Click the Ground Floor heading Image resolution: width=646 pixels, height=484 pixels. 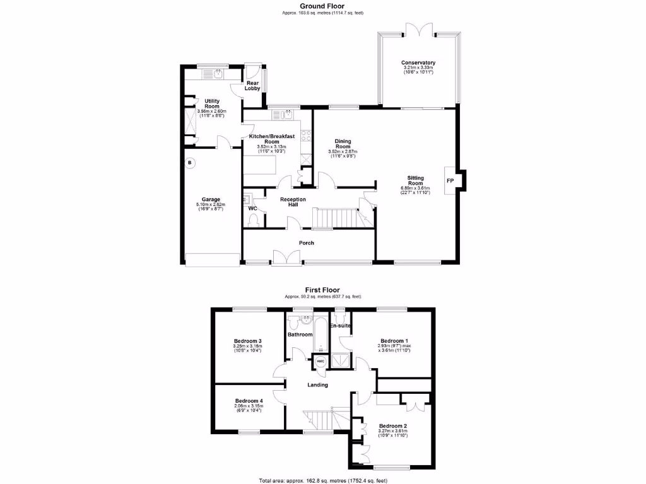(x=322, y=6)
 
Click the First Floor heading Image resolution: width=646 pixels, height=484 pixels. (x=322, y=291)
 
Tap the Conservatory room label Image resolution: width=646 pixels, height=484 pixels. (x=418, y=62)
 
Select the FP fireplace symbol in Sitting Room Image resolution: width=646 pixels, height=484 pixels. (x=450, y=180)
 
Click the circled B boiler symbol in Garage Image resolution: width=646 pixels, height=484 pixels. (x=190, y=163)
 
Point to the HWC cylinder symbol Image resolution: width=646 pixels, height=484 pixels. (x=320, y=361)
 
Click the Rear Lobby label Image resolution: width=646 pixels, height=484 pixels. (x=253, y=86)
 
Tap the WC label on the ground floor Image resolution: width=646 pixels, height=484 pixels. (x=252, y=208)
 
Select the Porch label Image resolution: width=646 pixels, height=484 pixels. (x=306, y=243)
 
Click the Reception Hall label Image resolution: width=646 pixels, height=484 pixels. (x=293, y=202)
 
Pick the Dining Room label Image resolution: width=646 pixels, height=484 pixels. (x=343, y=144)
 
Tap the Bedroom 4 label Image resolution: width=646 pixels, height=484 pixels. (x=249, y=401)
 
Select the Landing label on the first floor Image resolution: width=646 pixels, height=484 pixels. (x=317, y=385)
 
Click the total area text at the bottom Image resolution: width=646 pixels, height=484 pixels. (x=322, y=480)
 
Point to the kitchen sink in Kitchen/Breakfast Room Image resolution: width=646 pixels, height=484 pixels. (x=287, y=114)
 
